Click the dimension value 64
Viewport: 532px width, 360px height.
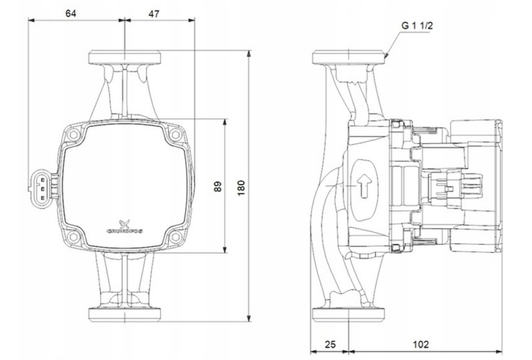coord(71,13)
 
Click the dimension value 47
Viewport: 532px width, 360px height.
coord(154,13)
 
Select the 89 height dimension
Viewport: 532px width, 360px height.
coord(217,186)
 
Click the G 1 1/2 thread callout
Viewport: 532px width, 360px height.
coord(417,26)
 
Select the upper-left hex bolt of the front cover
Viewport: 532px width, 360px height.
coord(75,134)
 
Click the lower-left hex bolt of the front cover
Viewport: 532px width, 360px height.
coord(75,236)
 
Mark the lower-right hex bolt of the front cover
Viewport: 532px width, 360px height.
coord(176,236)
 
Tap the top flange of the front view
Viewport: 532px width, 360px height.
coord(125,57)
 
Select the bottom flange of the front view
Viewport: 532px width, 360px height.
coord(125,314)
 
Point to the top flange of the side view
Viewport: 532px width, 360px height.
coord(349,57)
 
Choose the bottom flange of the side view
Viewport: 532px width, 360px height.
coord(349,314)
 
